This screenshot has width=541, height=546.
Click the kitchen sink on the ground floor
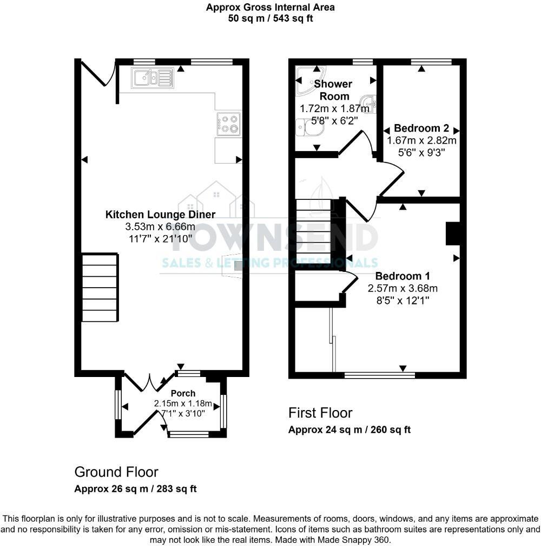click(152, 78)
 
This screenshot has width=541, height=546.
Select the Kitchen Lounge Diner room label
click(160, 214)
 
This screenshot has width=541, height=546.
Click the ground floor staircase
click(100, 288)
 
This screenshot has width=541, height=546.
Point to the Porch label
click(183, 393)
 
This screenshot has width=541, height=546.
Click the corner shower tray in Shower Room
click(310, 80)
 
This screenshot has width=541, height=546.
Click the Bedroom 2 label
click(421, 128)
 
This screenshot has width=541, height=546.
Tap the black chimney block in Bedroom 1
click(452, 233)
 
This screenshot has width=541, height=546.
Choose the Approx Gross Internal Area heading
click(270, 8)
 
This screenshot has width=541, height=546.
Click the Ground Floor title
click(116, 472)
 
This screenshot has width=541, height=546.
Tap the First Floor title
click(320, 413)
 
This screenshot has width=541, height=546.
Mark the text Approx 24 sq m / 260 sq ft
click(349, 430)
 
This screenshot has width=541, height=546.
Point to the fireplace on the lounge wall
click(233, 266)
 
